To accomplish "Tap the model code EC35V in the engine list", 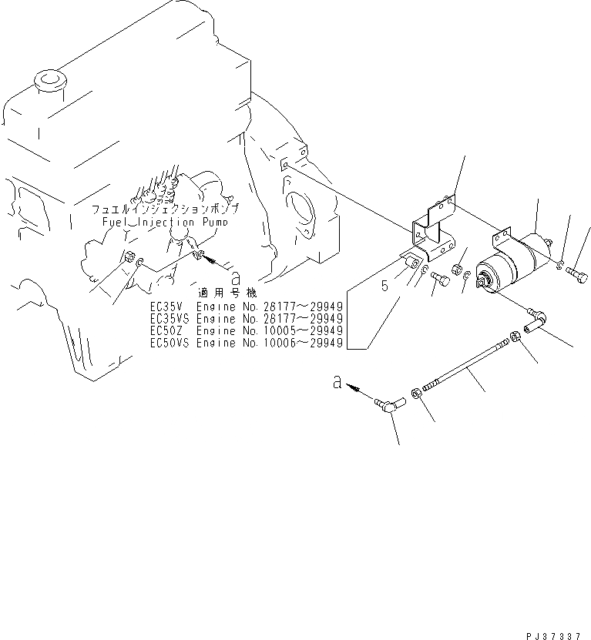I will (165, 306).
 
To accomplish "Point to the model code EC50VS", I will (167, 343).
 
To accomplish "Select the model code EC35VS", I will (167, 318).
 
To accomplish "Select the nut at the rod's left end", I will (416, 394).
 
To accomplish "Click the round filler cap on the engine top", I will (51, 80).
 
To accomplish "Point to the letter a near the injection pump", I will (237, 276).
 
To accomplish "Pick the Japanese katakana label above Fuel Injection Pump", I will (165, 209).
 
